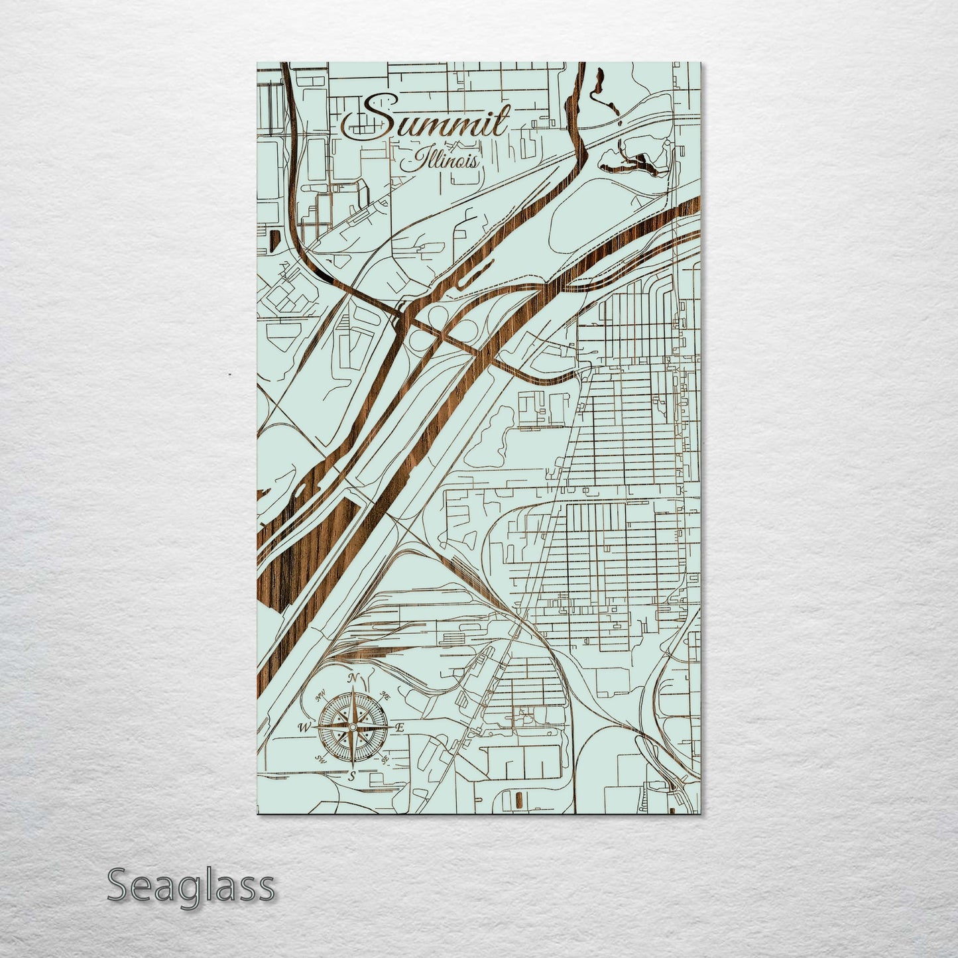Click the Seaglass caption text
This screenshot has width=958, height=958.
(x=190, y=886)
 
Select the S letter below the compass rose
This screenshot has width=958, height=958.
(x=352, y=775)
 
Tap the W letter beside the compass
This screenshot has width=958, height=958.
(x=304, y=728)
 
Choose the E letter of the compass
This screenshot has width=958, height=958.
(x=400, y=728)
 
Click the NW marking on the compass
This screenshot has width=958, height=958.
(x=320, y=696)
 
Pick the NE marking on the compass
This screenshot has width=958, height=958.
(x=385, y=696)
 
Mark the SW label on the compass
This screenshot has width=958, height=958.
(x=322, y=759)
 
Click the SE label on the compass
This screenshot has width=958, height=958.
(x=385, y=760)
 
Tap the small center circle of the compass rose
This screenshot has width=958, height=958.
(x=353, y=728)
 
